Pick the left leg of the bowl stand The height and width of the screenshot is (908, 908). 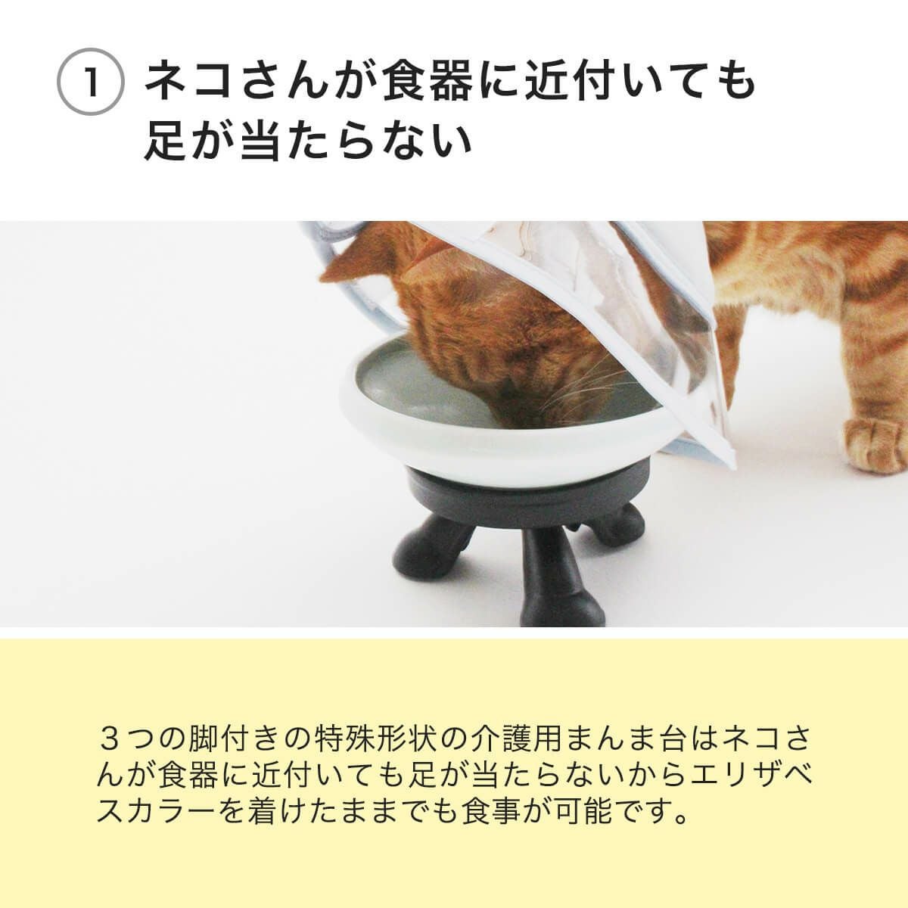pyautogui.click(x=439, y=537)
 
